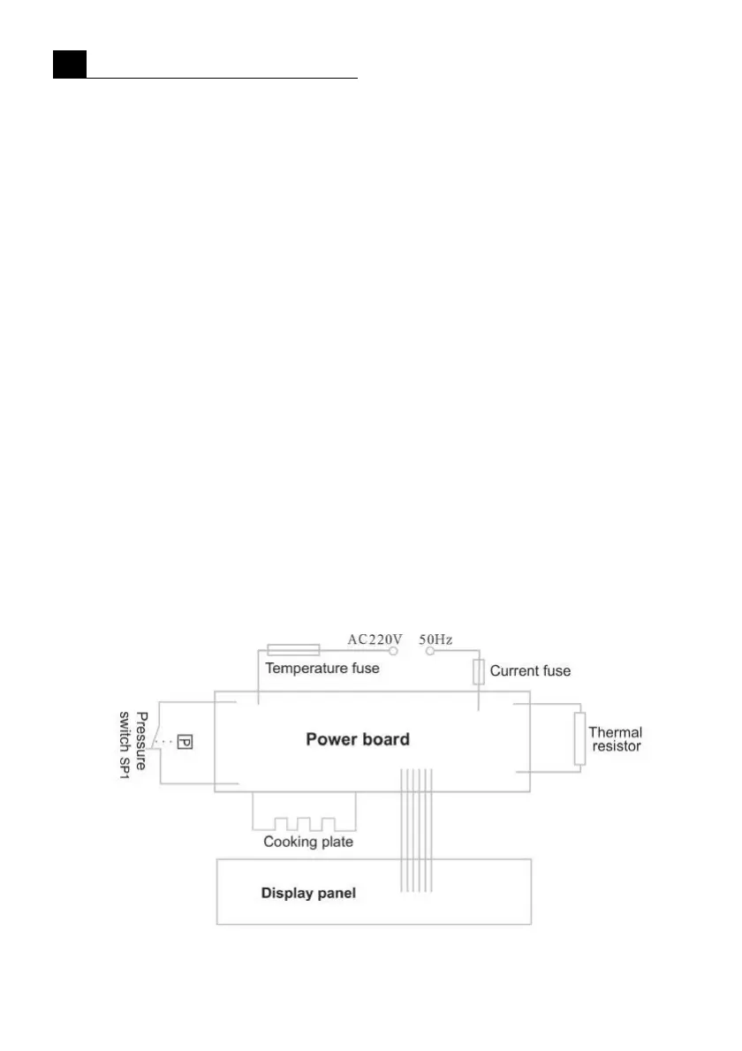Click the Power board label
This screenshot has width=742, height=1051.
point(358,739)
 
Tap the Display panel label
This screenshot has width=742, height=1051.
point(308,893)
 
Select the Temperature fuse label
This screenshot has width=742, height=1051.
point(322,669)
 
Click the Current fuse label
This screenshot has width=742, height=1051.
point(530,670)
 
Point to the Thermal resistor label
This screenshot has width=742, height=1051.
point(615,739)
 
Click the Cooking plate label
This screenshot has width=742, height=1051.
point(308,842)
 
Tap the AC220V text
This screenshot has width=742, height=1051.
point(375,639)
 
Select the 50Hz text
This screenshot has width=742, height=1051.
point(435,639)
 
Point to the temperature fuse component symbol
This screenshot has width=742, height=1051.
point(292,650)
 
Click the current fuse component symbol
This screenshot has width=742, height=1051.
point(479,672)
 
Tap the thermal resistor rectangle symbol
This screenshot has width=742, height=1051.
point(579,739)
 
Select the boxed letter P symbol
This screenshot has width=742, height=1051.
point(185,742)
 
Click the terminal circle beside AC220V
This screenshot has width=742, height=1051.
point(394,651)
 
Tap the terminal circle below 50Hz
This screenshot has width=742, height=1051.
point(430,651)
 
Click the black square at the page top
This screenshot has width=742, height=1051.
point(69,64)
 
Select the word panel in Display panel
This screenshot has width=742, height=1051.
point(336,893)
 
